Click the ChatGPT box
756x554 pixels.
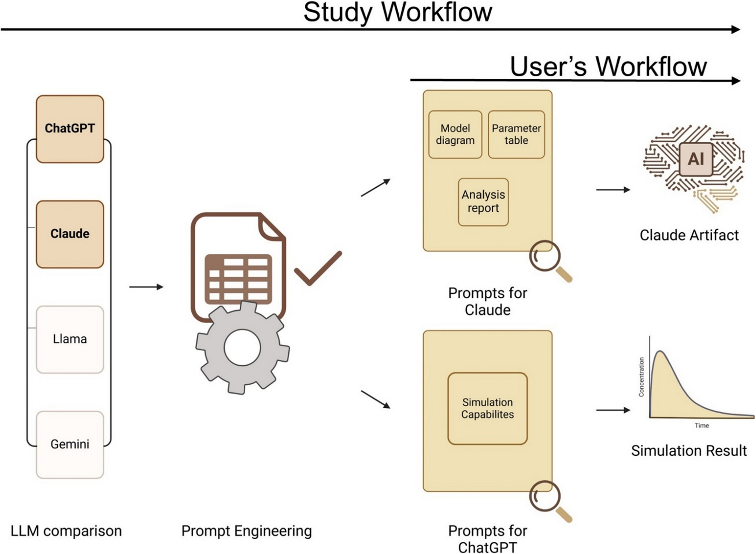(x=70, y=129)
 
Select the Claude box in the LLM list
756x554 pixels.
(x=70, y=234)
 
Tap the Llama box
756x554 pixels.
(x=70, y=340)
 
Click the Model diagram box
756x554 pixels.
(x=455, y=134)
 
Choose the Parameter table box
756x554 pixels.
(x=516, y=134)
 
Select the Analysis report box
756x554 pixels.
(x=483, y=202)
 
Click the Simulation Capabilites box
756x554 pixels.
(x=487, y=409)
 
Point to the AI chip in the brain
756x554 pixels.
(x=696, y=159)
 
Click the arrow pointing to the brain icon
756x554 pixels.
(x=613, y=190)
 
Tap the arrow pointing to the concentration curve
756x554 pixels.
(x=613, y=410)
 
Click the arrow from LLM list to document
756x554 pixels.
(x=146, y=287)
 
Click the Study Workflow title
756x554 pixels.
(x=397, y=12)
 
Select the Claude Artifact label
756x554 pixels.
(x=689, y=235)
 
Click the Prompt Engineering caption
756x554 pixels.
(x=246, y=531)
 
